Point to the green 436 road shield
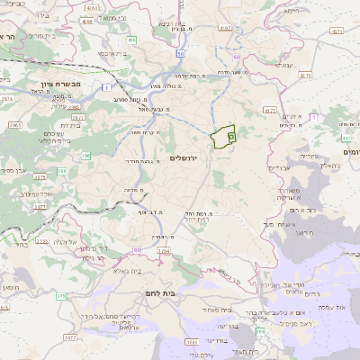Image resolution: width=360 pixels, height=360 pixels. coord(132,40)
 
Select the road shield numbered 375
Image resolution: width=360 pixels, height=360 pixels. coord(60,295)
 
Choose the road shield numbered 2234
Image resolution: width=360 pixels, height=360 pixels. coord(164,252)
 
